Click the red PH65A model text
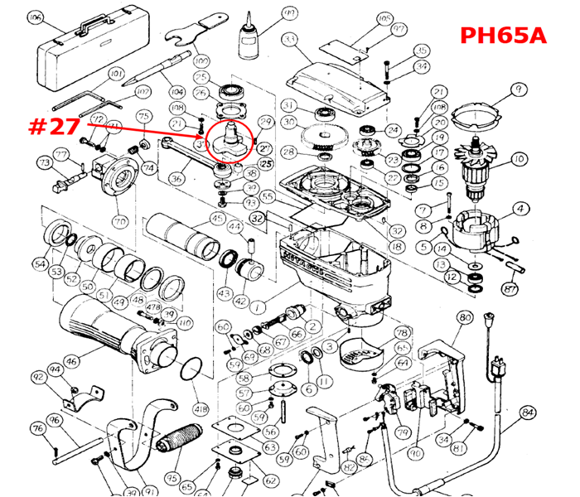pos(503,36)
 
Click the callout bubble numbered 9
pos(519,89)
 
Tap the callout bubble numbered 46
pos(72,361)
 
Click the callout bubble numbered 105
pos(384,18)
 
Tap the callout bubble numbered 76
pos(38,428)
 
